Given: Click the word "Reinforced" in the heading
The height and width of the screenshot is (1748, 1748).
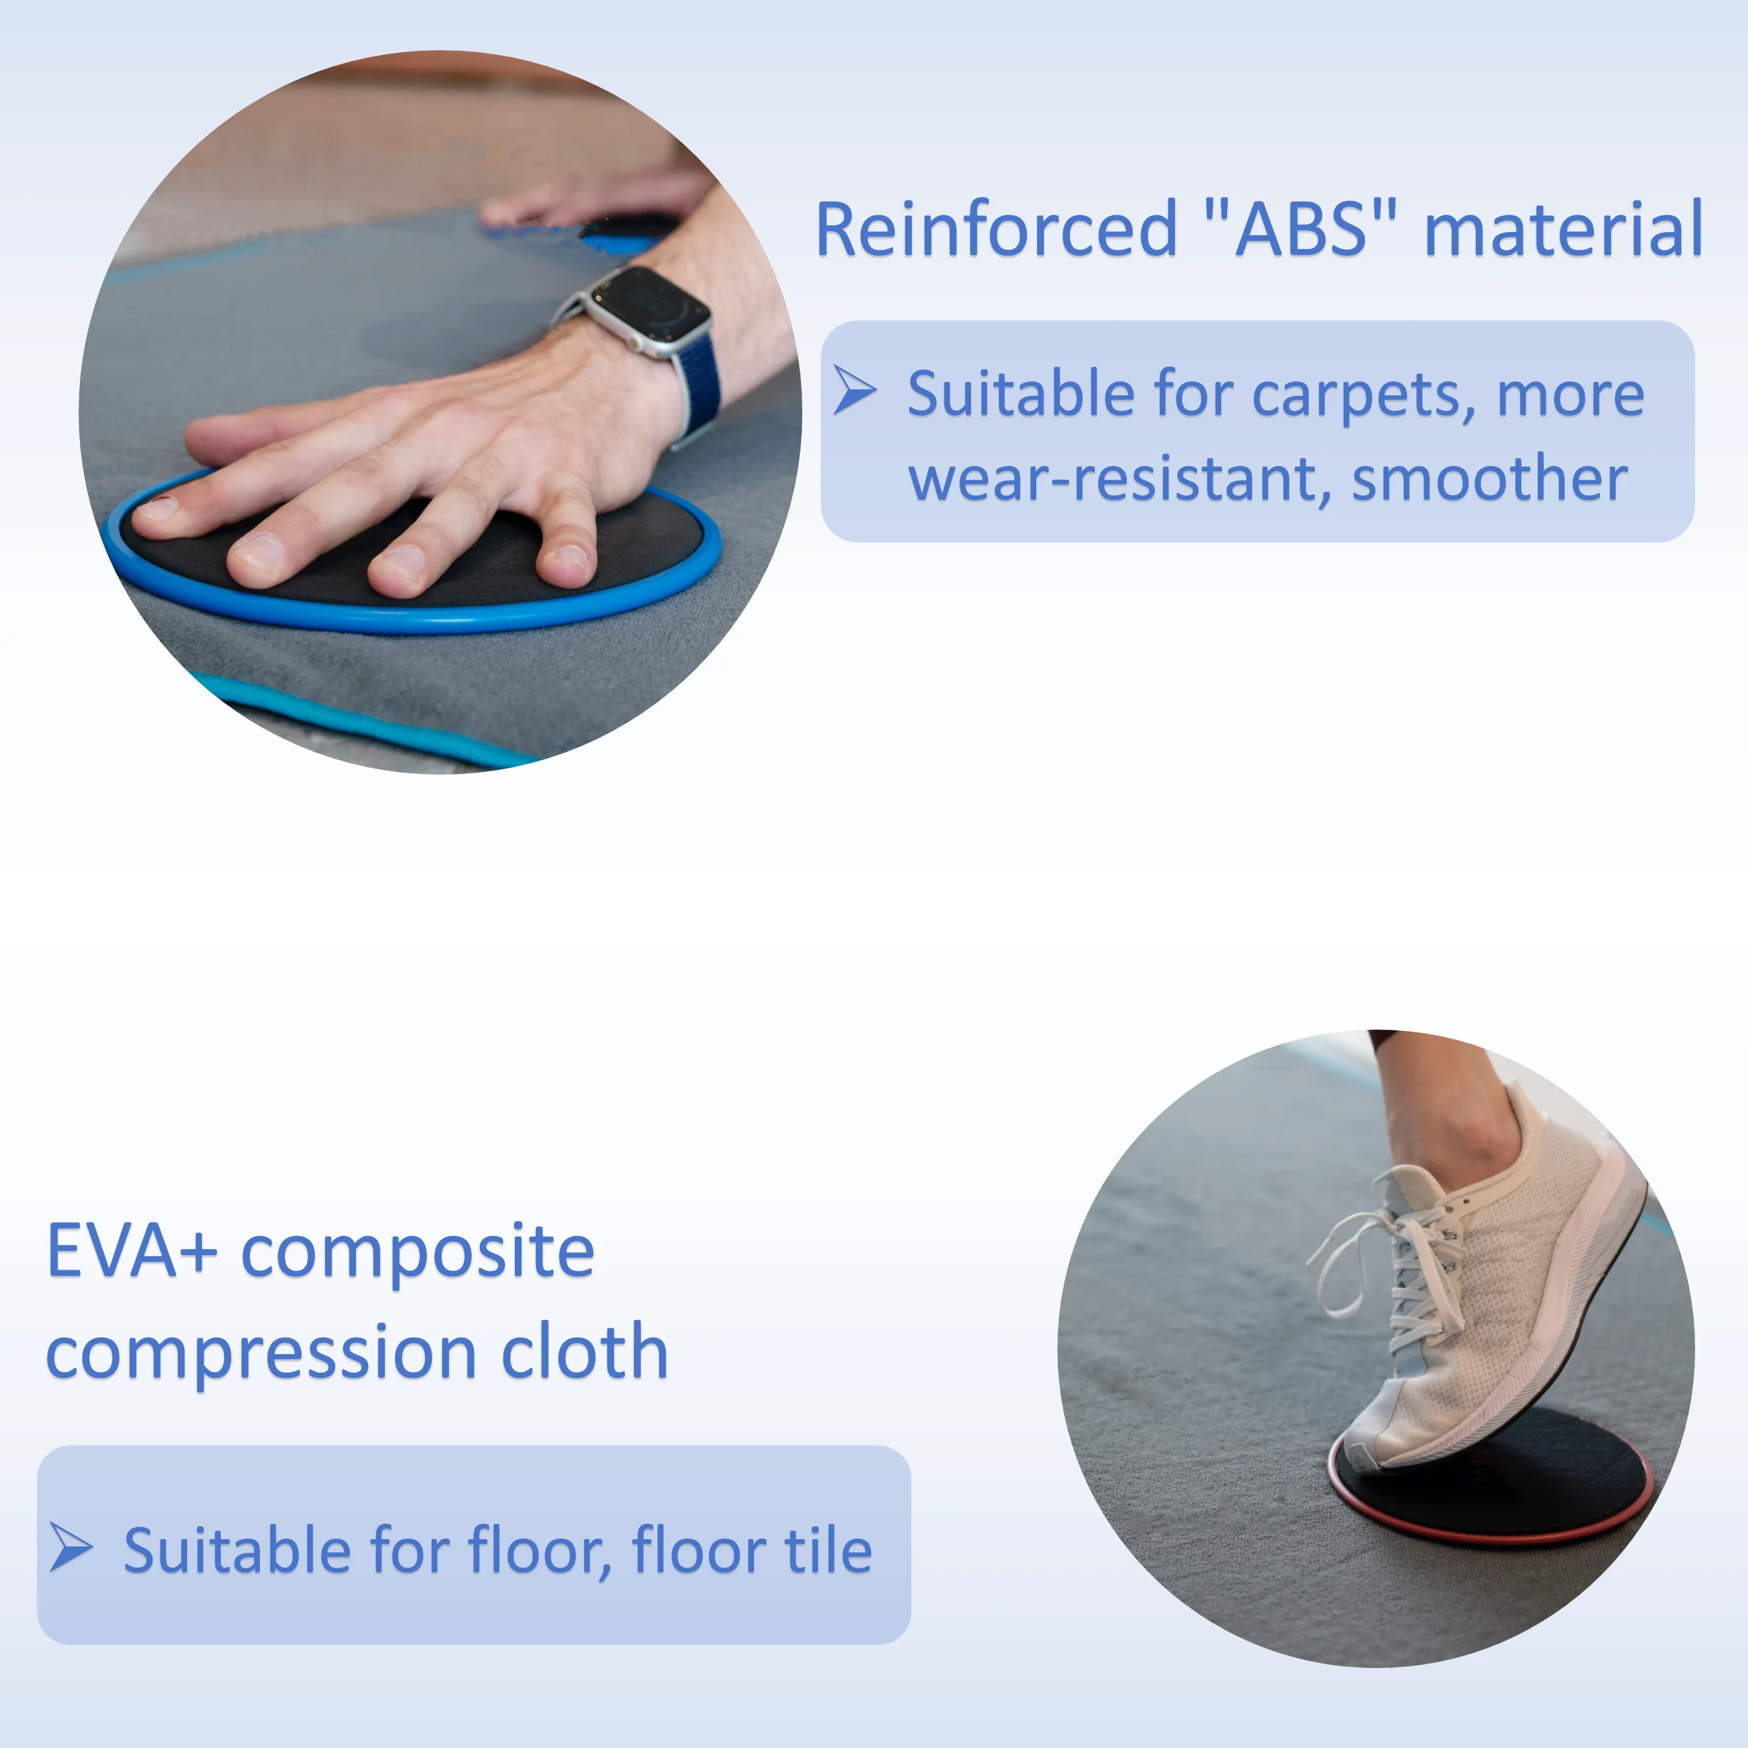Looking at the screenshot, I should [995, 230].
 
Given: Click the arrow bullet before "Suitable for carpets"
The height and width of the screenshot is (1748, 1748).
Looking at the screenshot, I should [853, 390].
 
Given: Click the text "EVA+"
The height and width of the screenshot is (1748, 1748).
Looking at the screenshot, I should [132, 1251].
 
